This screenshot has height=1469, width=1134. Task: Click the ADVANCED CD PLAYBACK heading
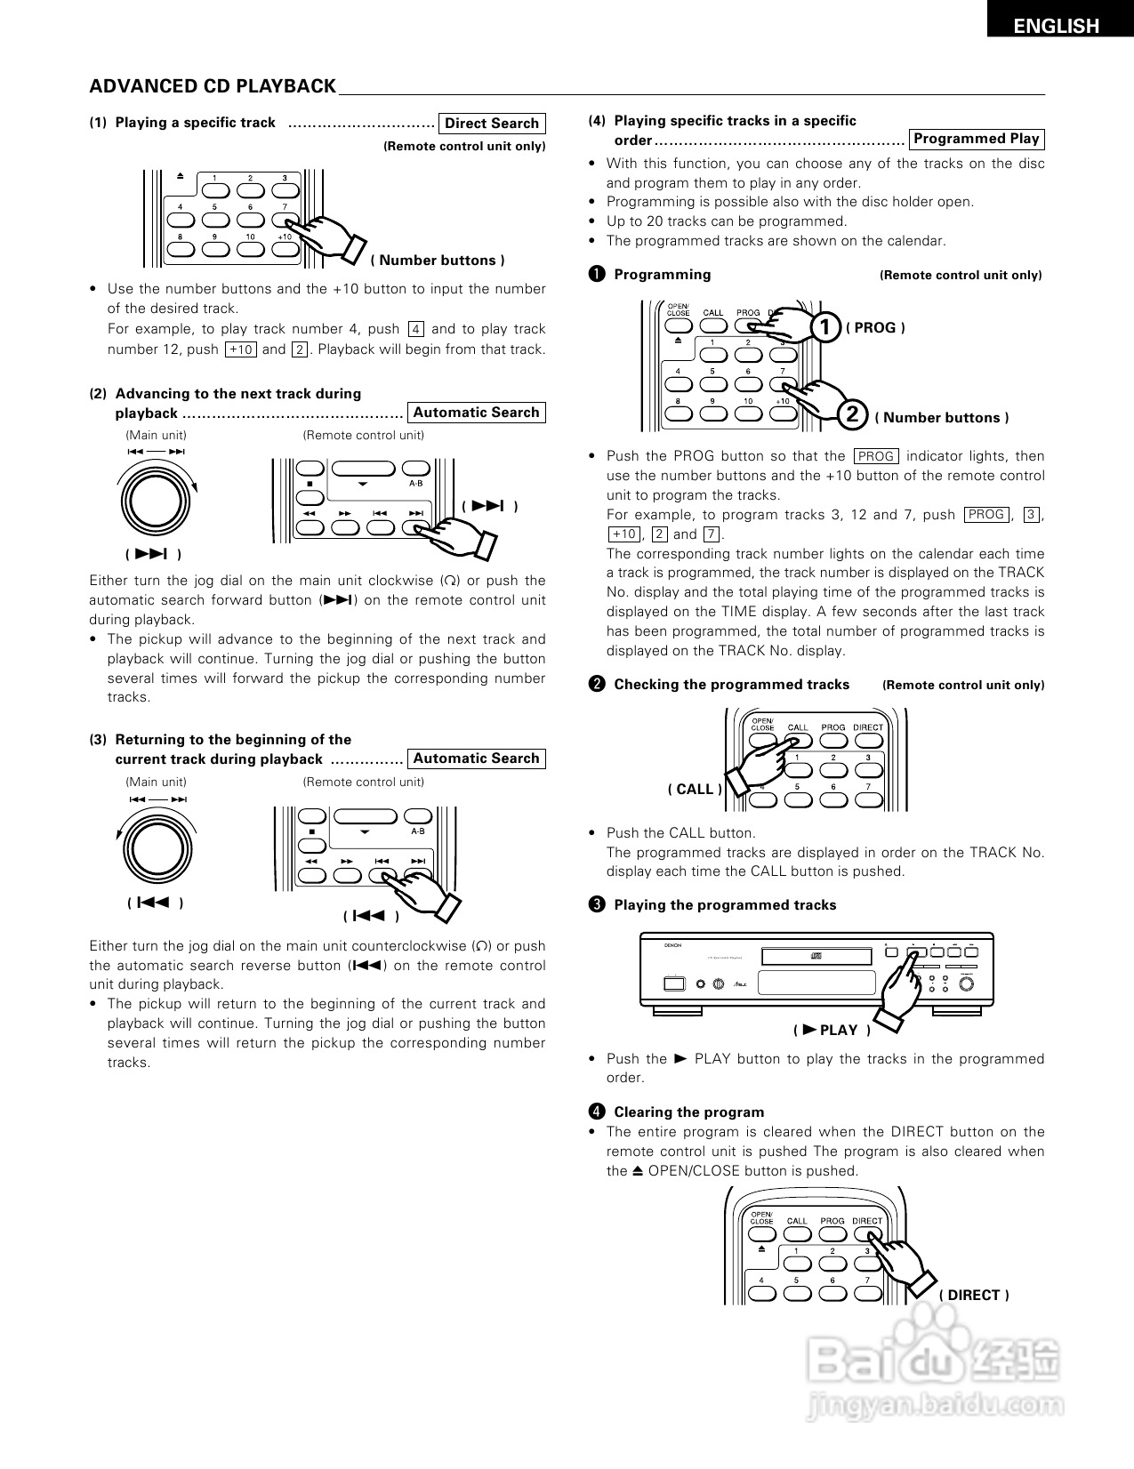coord(213,86)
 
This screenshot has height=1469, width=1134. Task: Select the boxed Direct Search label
coord(492,124)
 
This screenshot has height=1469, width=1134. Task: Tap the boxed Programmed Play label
coord(976,139)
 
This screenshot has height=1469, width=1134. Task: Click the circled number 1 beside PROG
coord(826,327)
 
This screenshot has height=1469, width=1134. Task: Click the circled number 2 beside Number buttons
coord(852,414)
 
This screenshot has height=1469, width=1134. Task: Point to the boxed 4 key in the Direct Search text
coord(416,329)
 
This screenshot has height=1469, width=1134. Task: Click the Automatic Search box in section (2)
coord(476,413)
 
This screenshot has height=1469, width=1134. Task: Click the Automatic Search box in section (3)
coord(476,759)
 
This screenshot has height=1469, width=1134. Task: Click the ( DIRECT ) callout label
coord(974,1295)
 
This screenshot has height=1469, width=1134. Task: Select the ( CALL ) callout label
coord(695,789)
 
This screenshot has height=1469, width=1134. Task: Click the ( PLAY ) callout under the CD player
coord(831,1030)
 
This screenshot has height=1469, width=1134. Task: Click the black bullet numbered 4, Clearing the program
coord(597,1112)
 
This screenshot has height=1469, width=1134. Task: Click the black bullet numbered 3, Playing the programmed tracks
coord(597,904)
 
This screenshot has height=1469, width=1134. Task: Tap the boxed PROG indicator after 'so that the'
coord(876,456)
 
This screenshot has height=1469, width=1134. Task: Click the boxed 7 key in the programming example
coord(712,534)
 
